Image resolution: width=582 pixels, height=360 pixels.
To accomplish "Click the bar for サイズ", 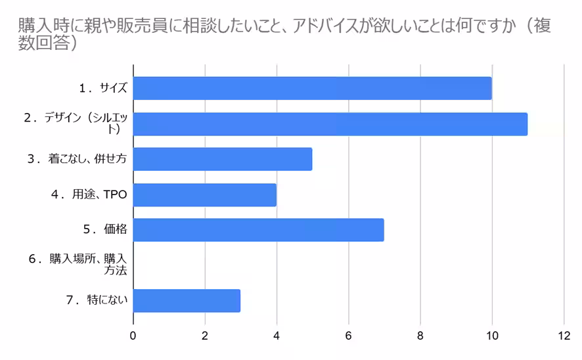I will click(312, 88).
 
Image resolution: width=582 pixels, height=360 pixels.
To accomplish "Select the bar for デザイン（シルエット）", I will click(330, 124).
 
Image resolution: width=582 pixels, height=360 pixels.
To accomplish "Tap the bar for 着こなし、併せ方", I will click(223, 159).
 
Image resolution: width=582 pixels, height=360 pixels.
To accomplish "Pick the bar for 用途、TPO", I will click(204, 194).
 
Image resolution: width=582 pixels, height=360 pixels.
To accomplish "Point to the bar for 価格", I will click(258, 230).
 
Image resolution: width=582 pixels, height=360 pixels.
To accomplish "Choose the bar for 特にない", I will click(187, 300).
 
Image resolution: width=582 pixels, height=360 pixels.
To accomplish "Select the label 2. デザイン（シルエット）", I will click(76, 123).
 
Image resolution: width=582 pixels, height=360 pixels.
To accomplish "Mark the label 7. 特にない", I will click(97, 300).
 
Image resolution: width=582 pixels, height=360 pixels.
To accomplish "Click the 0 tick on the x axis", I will click(133, 335).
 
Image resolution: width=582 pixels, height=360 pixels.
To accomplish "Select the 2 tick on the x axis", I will click(205, 335).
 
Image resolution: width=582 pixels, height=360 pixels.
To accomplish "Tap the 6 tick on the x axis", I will click(348, 335).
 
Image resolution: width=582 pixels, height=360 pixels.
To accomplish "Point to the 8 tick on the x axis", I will click(420, 335).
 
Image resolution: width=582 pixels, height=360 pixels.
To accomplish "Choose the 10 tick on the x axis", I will click(491, 335).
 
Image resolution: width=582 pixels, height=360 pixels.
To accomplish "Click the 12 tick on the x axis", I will click(563, 335).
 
